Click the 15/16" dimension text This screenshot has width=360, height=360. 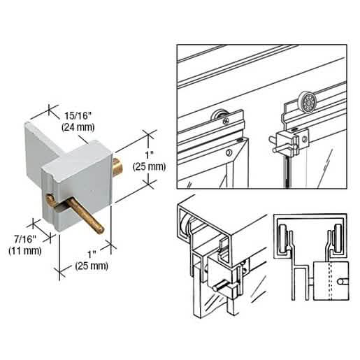tap(78, 115)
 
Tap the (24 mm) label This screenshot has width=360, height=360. tap(78, 127)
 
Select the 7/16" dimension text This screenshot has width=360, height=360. tap(25, 239)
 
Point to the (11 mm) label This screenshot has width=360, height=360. tap(25, 251)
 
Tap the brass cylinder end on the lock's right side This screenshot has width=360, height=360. tap(118, 166)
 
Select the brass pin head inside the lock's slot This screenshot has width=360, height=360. tap(50, 199)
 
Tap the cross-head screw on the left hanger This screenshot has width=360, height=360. tap(226, 121)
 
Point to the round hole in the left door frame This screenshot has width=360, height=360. tap(229, 152)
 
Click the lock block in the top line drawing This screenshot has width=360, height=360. tap(288, 143)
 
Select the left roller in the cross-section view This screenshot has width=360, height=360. tap(283, 238)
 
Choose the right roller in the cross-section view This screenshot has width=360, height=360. tap(338, 238)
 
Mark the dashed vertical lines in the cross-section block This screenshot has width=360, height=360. tap(330, 281)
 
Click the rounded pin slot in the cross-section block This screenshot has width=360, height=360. tap(343, 282)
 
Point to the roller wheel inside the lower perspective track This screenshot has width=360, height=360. tap(187, 224)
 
